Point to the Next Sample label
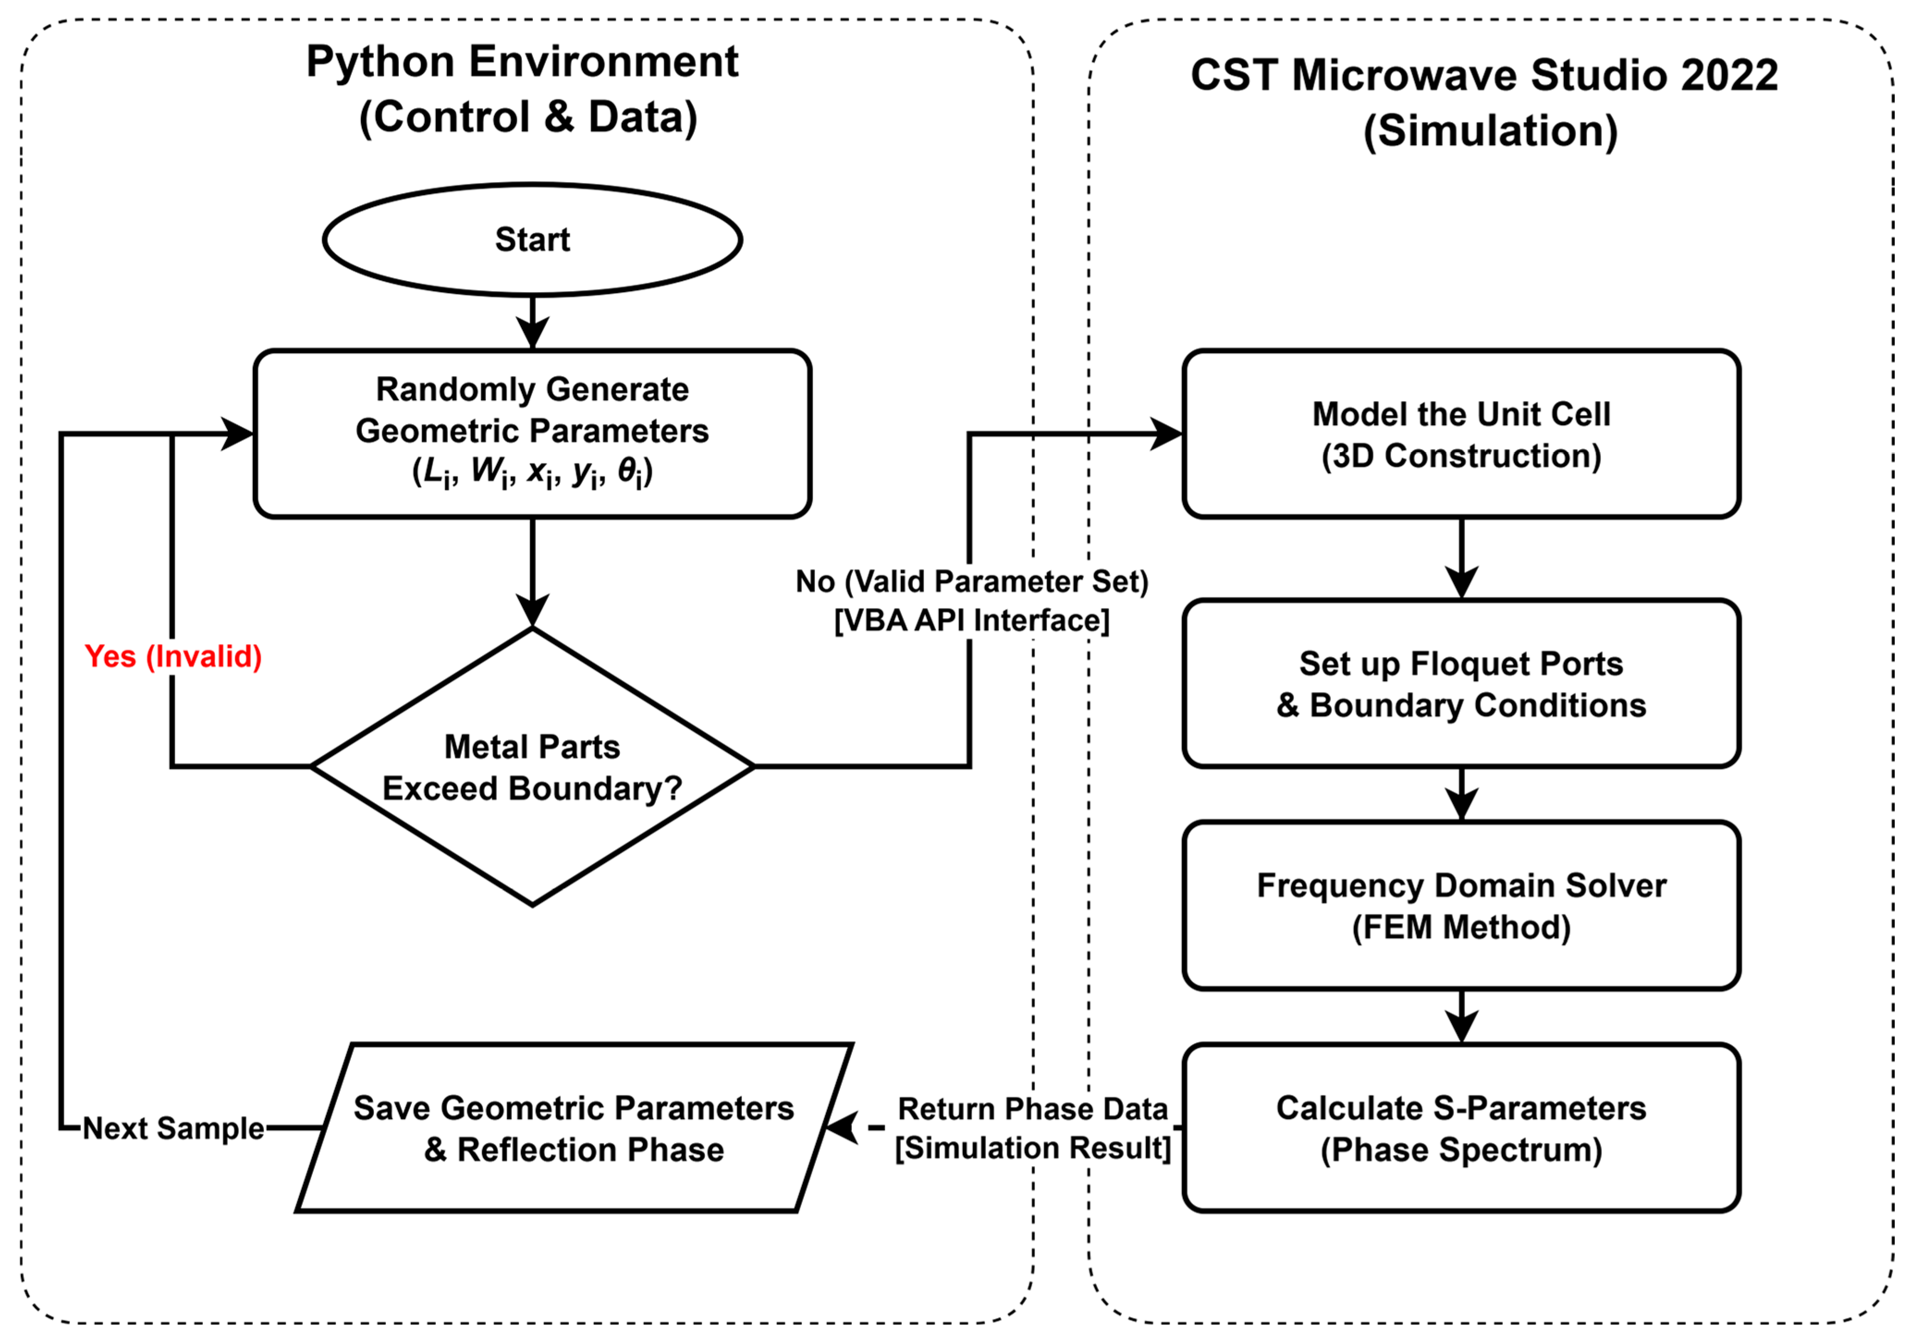pyautogui.click(x=173, y=1128)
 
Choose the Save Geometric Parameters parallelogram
pyautogui.click(x=574, y=1128)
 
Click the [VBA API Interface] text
pyautogui.click(x=971, y=620)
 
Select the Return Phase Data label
pyautogui.click(x=1032, y=1109)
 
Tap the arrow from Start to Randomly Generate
pyautogui.click(x=532, y=322)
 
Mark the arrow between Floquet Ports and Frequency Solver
pyautogui.click(x=1461, y=795)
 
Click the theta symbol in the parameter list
pyautogui.click(x=629, y=471)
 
